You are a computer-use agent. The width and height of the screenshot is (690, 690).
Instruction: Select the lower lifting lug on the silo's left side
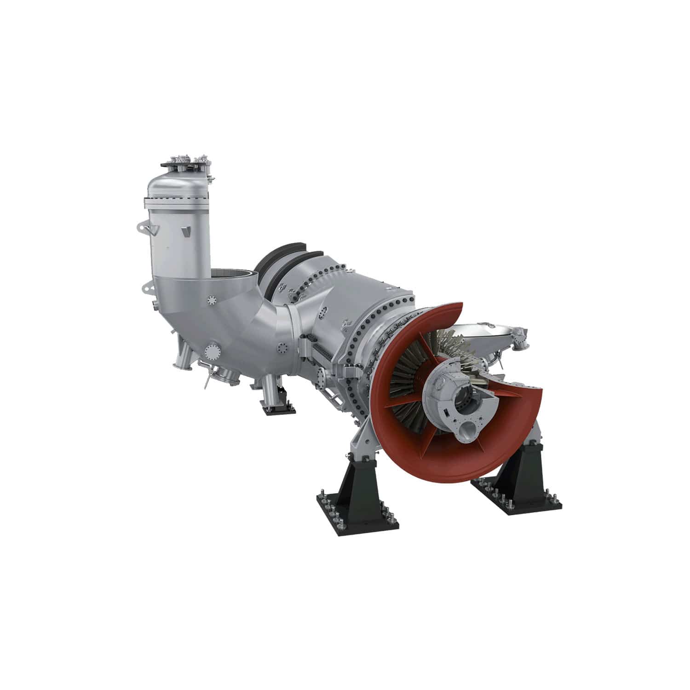point(148,289)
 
